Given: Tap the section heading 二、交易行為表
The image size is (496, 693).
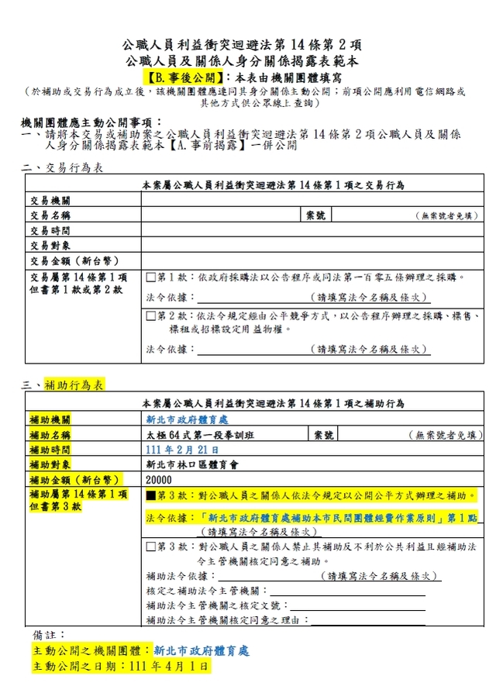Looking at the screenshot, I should point(61,167).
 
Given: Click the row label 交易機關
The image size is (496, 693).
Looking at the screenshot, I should point(50,201).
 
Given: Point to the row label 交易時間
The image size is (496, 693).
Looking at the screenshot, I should point(50,230).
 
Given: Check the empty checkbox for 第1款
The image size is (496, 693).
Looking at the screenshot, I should point(152,277).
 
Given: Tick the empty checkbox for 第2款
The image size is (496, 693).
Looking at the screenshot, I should point(152,316).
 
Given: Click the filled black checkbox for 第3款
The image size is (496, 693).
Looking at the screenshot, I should point(152,495).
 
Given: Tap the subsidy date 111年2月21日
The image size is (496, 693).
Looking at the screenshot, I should point(177,450).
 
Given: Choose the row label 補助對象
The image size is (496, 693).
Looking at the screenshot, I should point(50,465).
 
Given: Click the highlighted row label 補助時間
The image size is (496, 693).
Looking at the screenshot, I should point(50,450).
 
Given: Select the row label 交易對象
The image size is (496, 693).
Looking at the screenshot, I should point(50,245).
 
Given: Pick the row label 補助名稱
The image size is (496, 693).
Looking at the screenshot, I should point(50,435).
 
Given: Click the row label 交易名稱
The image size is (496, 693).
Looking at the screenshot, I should point(50,215).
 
